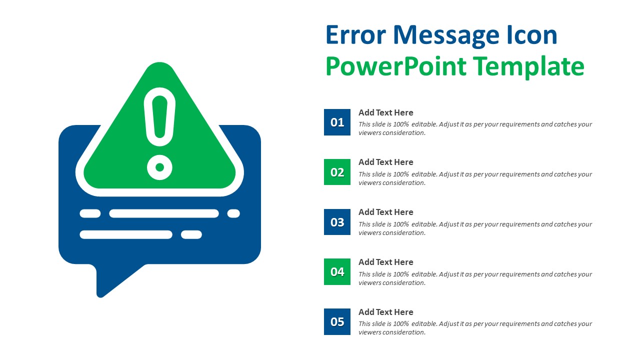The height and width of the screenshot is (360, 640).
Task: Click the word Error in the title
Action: tap(355, 35)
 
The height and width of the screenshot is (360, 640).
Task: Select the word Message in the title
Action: tap(446, 36)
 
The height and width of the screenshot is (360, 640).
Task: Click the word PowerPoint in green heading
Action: tap(395, 66)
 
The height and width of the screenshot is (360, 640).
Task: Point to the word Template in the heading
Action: tap(529, 67)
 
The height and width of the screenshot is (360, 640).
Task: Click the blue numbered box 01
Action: tap(337, 122)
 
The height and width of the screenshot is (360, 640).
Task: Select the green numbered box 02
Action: tap(337, 172)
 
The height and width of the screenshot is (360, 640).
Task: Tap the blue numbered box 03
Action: tap(337, 222)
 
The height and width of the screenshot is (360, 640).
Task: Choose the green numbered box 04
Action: tap(337, 271)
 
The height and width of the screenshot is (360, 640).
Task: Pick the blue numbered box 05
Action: tap(337, 321)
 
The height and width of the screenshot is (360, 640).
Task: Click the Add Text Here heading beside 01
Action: tap(385, 112)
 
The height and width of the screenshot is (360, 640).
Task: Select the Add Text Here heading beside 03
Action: tap(385, 212)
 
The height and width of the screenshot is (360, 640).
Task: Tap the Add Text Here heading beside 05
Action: tap(385, 312)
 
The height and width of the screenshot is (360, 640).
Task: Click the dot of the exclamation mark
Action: tap(159, 167)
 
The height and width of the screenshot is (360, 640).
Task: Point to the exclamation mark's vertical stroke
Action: tap(159, 116)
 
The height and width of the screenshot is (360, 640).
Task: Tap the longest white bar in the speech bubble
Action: tap(164, 213)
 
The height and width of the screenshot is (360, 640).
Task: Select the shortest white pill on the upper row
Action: tap(233, 213)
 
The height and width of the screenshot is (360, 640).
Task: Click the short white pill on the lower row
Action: tap(191, 234)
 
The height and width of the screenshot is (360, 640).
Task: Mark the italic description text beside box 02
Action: tap(475, 178)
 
